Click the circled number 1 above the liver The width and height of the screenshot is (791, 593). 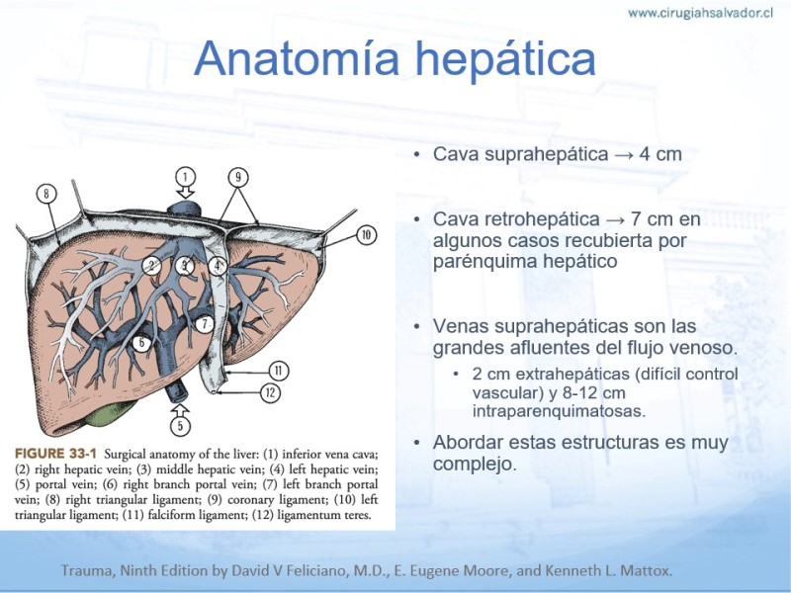coord(185,177)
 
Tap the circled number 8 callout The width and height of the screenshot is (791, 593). coord(46,194)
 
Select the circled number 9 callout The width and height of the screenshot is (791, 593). coord(238,177)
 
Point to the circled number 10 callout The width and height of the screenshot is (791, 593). coord(366,235)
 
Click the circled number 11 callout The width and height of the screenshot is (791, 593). coord(278,372)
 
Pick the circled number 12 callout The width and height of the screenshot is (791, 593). coord(270,392)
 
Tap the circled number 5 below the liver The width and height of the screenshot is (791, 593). coord(180,426)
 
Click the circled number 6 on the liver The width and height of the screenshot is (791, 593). coord(141,343)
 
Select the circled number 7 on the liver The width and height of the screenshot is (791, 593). coord(205,324)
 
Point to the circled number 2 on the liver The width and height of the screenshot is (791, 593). coord(151,265)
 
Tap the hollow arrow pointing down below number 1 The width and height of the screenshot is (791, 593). coord(186,193)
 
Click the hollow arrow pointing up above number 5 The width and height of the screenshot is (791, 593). coord(180,409)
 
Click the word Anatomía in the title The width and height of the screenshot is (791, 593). coord(297,58)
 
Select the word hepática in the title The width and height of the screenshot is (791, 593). coord(505,59)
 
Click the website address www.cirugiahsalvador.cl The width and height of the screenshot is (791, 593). coord(700,13)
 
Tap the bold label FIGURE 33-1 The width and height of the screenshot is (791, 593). coord(55,454)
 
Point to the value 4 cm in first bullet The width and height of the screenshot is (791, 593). coord(660,154)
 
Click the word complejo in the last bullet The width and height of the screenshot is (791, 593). coord(475,464)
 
